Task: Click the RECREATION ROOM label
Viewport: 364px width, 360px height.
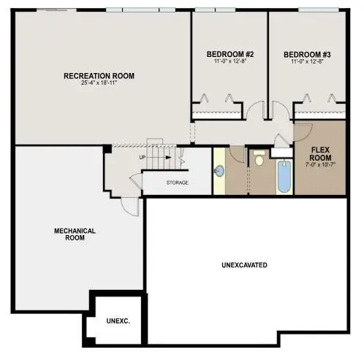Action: point(99,75)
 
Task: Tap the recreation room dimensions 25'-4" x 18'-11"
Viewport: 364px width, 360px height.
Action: point(99,84)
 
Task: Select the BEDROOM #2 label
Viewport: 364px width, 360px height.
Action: point(229,54)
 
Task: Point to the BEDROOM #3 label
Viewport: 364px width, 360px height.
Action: point(307,54)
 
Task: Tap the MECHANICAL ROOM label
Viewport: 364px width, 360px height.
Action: point(75,234)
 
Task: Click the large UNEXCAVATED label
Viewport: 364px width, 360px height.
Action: point(244,264)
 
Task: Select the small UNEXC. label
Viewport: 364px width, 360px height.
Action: point(117,321)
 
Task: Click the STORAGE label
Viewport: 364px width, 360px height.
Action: point(178,183)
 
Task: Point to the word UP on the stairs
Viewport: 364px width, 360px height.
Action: point(142,157)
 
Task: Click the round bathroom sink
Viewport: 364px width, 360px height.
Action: point(220,171)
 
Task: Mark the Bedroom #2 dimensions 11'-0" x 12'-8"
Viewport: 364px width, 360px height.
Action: point(229,63)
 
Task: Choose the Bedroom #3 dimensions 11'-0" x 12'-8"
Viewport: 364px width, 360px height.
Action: point(307,63)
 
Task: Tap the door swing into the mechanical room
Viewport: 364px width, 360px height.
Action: point(129,204)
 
